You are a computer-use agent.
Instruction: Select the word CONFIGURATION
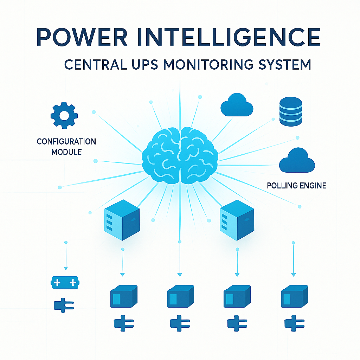point(66,142)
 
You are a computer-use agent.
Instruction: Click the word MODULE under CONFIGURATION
point(66,153)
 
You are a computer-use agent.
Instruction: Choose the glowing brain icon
point(180,154)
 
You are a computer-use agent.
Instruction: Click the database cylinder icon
point(290,112)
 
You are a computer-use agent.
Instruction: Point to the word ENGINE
point(312,185)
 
